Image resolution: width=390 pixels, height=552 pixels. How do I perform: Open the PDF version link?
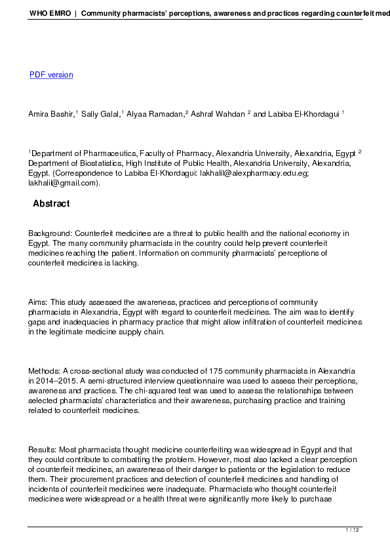pyautogui.click(x=51, y=75)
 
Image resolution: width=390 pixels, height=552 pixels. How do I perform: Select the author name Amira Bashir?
pyautogui.click(x=51, y=114)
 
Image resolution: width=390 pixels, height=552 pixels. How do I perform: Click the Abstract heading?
pyautogui.click(x=51, y=204)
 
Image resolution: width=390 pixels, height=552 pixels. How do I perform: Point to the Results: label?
pyautogui.click(x=43, y=450)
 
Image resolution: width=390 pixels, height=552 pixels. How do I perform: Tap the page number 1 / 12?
pyautogui.click(x=353, y=530)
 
